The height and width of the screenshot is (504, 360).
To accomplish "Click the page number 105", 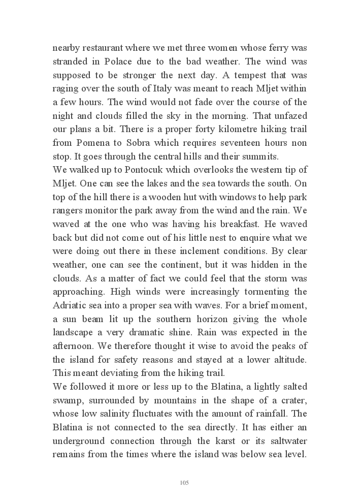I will tap(184, 483).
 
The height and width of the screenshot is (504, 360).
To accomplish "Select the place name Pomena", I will tap(92, 143).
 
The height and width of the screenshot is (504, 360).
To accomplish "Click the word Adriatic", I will tap(71, 305).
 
